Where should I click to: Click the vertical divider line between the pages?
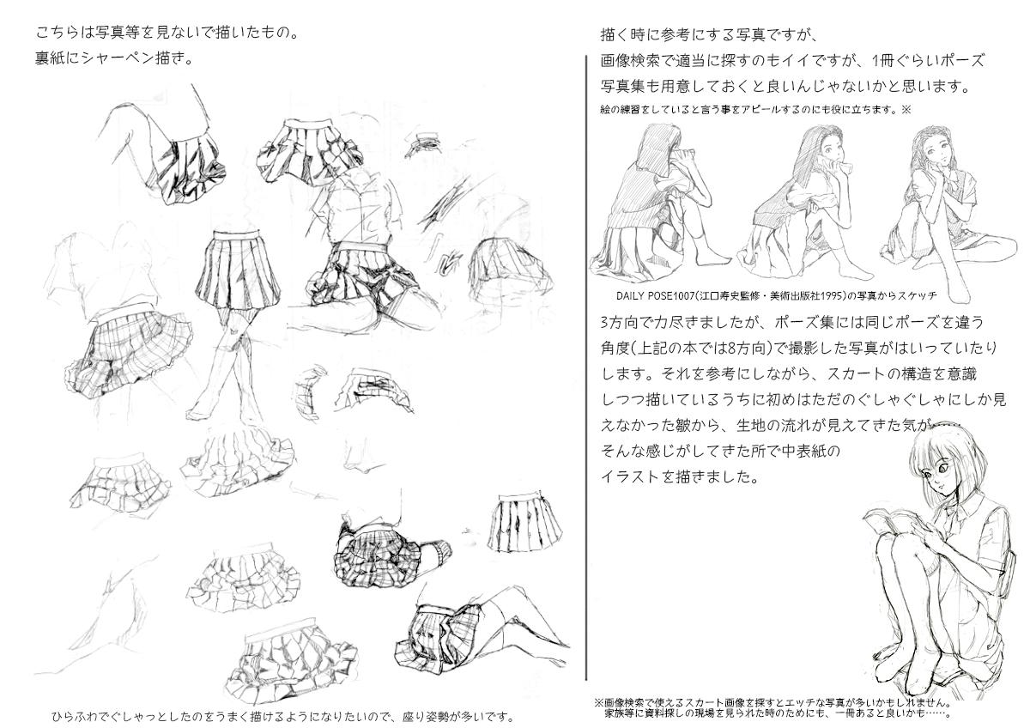pos(586,367)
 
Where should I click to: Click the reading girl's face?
pos(936,479)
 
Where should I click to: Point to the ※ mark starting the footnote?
pos(597,703)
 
